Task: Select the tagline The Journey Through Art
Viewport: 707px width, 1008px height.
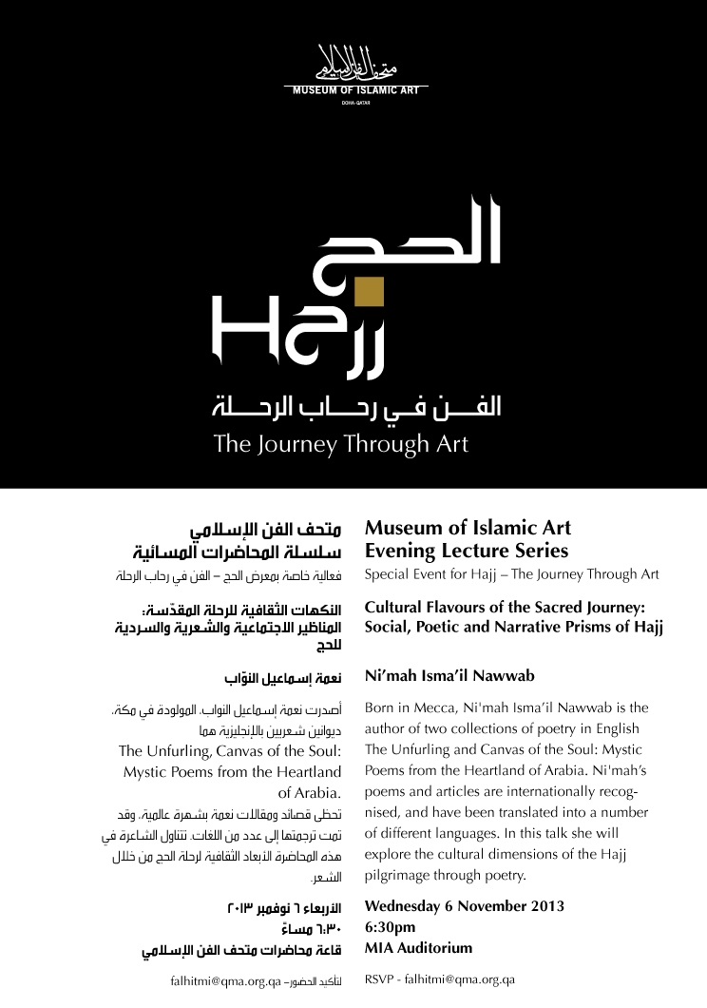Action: [x=341, y=443]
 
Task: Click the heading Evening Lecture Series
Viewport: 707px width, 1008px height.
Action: [x=467, y=551]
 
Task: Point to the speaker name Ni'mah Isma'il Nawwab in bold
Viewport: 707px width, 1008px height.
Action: [x=450, y=676]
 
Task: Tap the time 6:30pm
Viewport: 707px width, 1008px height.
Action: [x=391, y=926]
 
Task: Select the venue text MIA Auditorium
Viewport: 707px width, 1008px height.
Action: [x=418, y=948]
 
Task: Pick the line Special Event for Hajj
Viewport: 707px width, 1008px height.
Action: [x=512, y=574]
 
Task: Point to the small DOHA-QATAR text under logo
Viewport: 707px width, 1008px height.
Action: [x=353, y=101]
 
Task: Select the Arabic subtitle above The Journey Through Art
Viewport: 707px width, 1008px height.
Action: [x=355, y=407]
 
